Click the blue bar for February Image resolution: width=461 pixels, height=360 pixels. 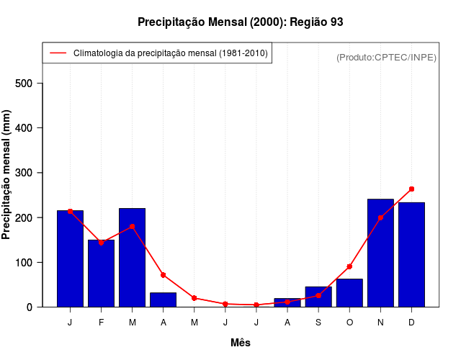pyautogui.click(x=101, y=274)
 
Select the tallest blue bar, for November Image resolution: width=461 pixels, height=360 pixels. pyautogui.click(x=380, y=253)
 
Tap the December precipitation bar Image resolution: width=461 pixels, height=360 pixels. pyautogui.click(x=411, y=255)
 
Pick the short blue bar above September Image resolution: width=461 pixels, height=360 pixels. pyautogui.click(x=318, y=297)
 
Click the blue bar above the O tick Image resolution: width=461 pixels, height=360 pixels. pyautogui.click(x=349, y=293)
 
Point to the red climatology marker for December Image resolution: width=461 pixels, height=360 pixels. pyautogui.click(x=411, y=189)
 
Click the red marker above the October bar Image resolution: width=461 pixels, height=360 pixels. pyautogui.click(x=349, y=266)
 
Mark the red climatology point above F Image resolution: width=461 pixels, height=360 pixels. pyautogui.click(x=101, y=243)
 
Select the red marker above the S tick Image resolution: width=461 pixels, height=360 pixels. pyautogui.click(x=318, y=295)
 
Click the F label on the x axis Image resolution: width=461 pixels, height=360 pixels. pyautogui.click(x=101, y=323)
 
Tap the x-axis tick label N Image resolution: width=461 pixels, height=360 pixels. pyautogui.click(x=380, y=323)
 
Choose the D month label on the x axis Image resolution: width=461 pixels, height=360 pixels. pyautogui.click(x=411, y=323)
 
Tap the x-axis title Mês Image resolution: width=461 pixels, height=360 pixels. pyautogui.click(x=241, y=343)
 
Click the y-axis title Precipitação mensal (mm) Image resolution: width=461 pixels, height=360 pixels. pyautogui.click(x=7, y=180)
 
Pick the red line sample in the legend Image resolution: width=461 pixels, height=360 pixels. pyautogui.click(x=58, y=53)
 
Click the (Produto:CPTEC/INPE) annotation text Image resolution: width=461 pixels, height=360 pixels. pyautogui.click(x=386, y=57)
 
